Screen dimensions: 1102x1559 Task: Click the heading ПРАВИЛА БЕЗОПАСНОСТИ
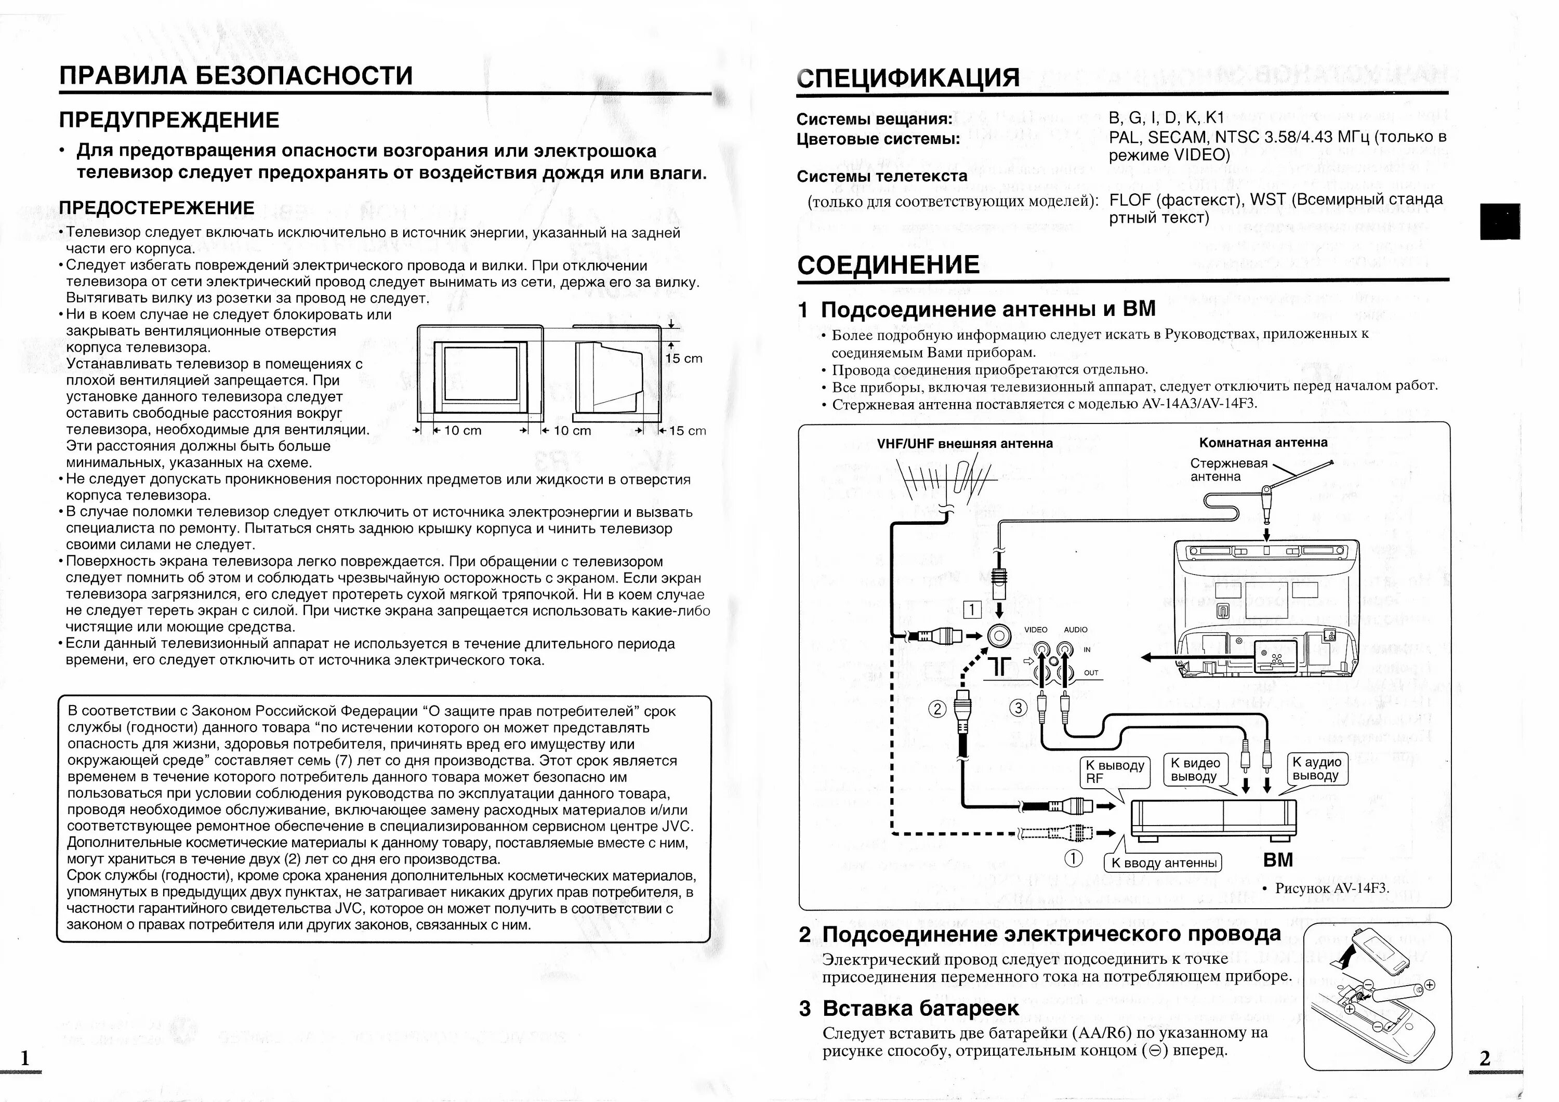(235, 75)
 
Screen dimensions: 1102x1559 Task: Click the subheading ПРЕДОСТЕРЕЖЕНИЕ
(156, 208)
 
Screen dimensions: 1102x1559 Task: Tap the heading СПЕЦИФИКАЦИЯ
(908, 78)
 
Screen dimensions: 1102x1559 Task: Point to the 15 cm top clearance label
(684, 359)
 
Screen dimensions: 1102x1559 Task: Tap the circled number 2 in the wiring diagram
(937, 709)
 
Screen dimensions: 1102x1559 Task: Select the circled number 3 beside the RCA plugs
(1018, 708)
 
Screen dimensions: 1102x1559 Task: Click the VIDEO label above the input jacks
(1036, 629)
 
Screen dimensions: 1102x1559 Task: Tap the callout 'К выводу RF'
(1114, 772)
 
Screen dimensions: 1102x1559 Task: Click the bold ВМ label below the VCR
(1278, 860)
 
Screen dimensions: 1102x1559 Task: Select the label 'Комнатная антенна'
(1263, 443)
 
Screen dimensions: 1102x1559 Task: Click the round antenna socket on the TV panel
(999, 635)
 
